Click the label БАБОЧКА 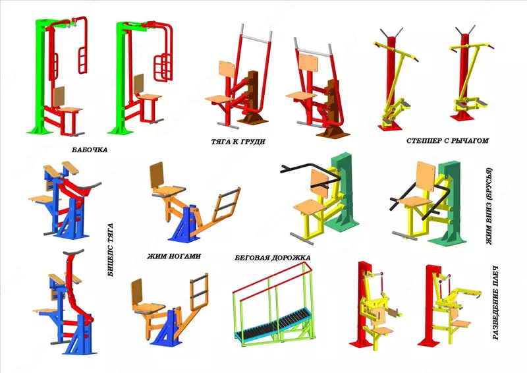(x=90, y=150)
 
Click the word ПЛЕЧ (x=497, y=278)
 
